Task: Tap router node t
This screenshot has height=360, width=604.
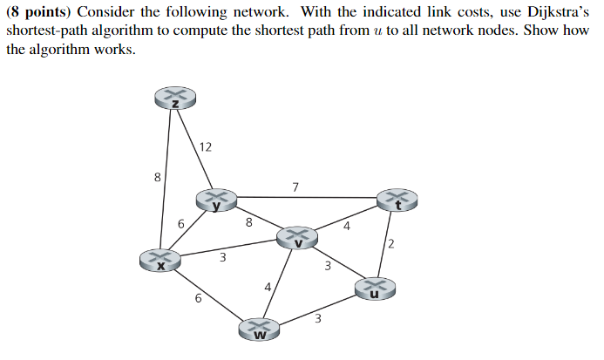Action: pyautogui.click(x=397, y=200)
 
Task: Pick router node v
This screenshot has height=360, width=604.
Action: pyautogui.click(x=297, y=236)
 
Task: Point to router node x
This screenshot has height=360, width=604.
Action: pyautogui.click(x=159, y=259)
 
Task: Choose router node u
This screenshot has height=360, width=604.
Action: pyautogui.click(x=374, y=289)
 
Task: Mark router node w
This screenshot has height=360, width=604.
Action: pyautogui.click(x=259, y=329)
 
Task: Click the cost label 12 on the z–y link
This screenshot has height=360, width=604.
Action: pyautogui.click(x=205, y=146)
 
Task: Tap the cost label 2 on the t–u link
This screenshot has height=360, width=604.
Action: pyautogui.click(x=392, y=243)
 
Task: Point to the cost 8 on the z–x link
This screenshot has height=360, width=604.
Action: pyautogui.click(x=157, y=178)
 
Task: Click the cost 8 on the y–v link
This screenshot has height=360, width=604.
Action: pyautogui.click(x=249, y=222)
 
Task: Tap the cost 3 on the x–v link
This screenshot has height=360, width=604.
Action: pyautogui.click(x=222, y=258)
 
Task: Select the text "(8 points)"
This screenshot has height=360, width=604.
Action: pyautogui.click(x=39, y=10)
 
